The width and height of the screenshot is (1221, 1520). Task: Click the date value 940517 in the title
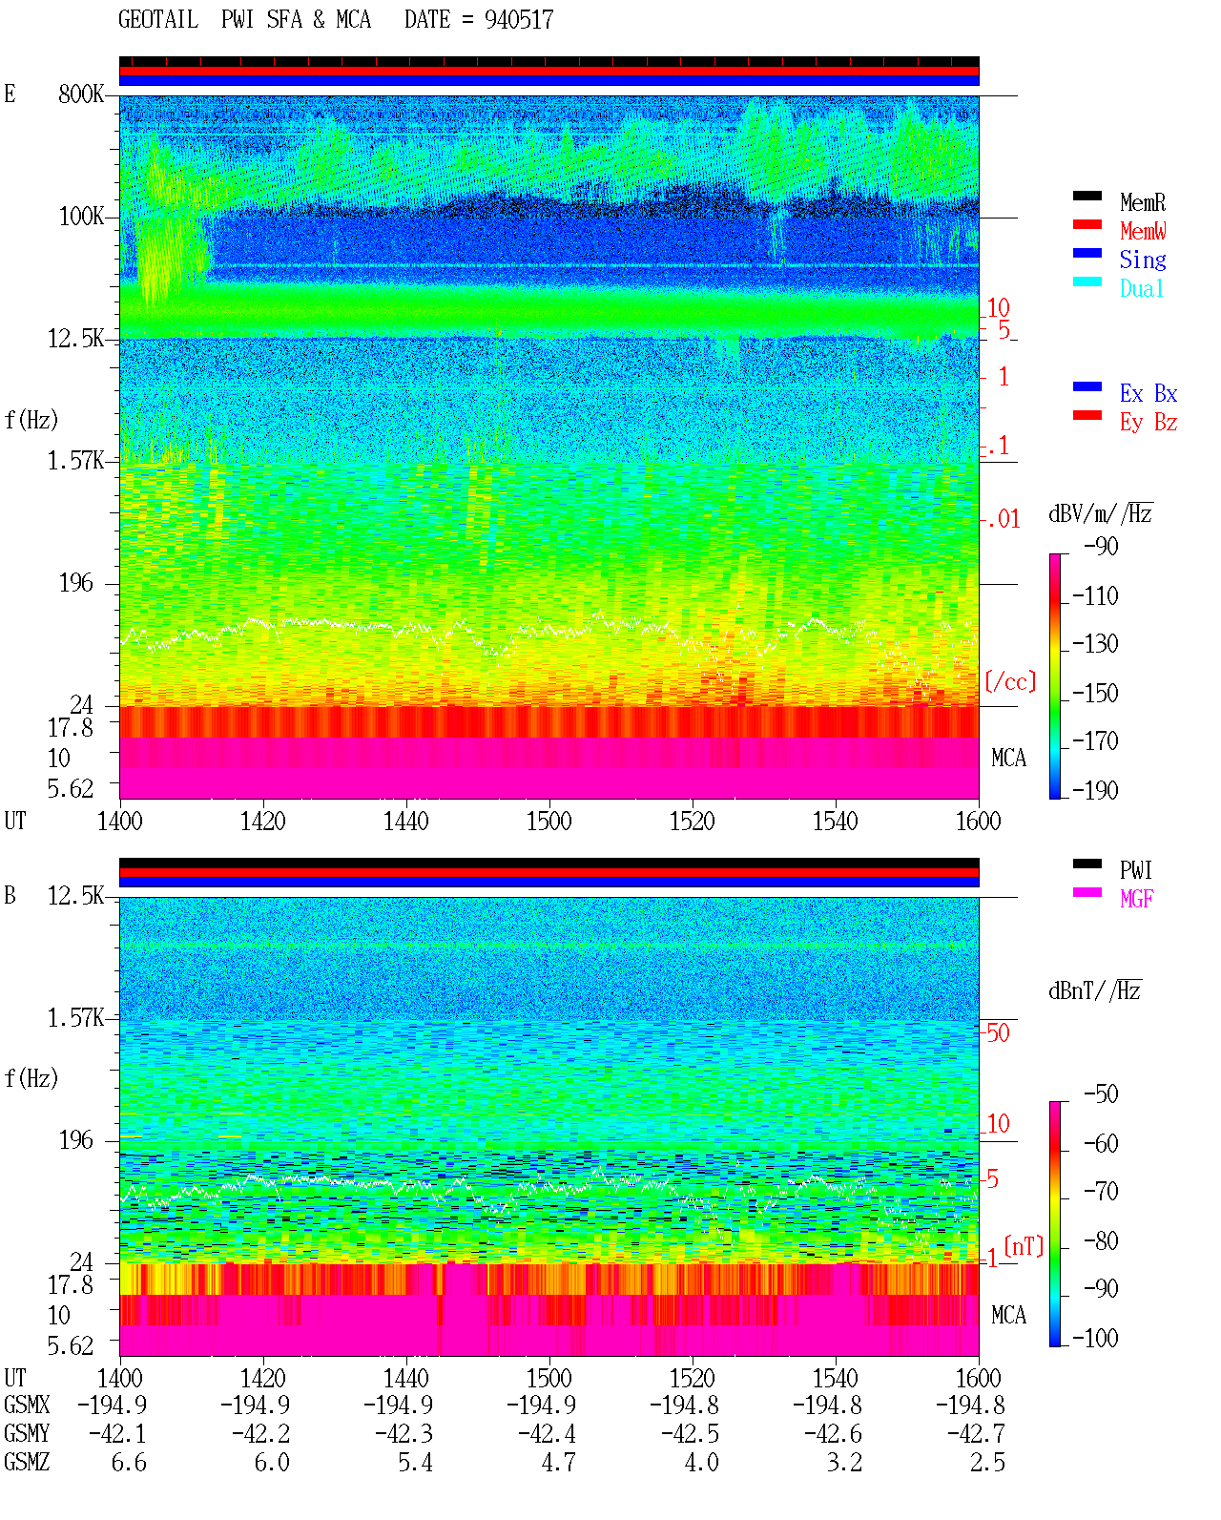point(518,20)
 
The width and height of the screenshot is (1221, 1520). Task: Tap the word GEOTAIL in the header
point(158,20)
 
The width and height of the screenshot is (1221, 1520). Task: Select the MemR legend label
point(1143,202)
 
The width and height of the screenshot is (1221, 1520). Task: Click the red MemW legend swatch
point(1086,224)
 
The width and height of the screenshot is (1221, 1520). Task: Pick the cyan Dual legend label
point(1142,288)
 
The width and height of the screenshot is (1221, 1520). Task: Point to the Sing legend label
point(1143,260)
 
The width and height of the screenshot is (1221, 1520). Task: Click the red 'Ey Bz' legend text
point(1149,423)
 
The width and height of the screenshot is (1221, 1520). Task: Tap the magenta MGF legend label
point(1136,899)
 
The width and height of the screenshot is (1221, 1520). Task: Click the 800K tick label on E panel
point(80,94)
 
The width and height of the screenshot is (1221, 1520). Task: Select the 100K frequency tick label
point(80,217)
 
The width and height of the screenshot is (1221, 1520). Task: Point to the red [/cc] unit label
point(1010,681)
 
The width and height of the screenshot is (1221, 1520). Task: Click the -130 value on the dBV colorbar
point(1095,644)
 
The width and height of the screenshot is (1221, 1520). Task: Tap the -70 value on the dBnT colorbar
point(1101,1192)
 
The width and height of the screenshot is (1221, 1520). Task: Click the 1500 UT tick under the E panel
point(548,822)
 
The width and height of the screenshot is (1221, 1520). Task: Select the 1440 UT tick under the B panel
point(406,1378)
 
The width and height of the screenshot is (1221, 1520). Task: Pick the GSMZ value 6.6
point(129,1462)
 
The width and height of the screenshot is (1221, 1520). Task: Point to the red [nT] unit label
point(1024,1245)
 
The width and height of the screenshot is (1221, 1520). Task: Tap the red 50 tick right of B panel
point(998,1033)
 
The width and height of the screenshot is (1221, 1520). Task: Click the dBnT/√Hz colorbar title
point(1095,991)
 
